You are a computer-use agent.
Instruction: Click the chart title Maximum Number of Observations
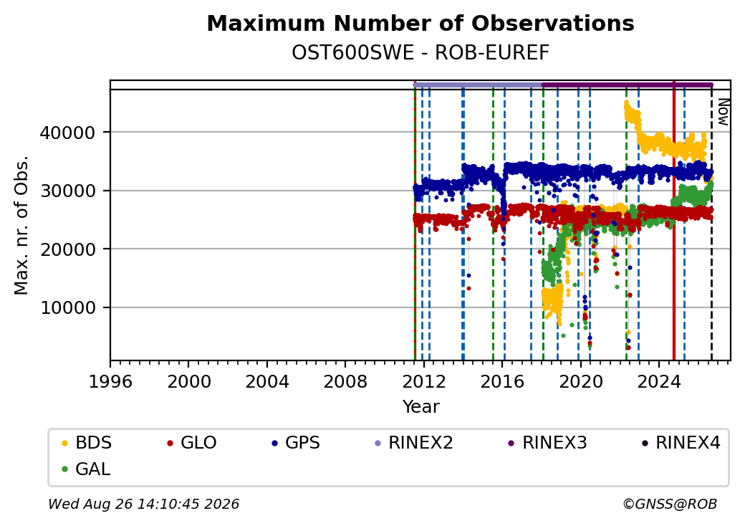(x=420, y=23)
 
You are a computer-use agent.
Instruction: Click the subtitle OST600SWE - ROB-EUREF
(x=420, y=53)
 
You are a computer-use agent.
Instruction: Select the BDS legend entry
(x=87, y=443)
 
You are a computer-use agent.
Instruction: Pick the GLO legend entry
(x=191, y=443)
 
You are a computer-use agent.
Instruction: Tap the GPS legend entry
(x=296, y=443)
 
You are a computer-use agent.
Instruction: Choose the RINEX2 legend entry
(x=414, y=443)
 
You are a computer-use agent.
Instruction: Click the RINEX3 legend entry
(x=547, y=443)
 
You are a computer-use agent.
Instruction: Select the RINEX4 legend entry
(x=681, y=443)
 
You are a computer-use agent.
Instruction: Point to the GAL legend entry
(x=86, y=469)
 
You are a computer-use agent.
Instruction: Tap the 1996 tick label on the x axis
(x=110, y=381)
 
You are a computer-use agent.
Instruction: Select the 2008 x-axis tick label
(x=345, y=381)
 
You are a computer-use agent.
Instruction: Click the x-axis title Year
(x=420, y=407)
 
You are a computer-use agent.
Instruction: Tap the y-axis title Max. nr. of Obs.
(x=21, y=225)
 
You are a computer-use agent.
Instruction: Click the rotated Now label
(x=723, y=112)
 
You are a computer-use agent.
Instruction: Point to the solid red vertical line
(x=674, y=221)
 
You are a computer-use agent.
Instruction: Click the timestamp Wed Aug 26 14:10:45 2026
(x=143, y=504)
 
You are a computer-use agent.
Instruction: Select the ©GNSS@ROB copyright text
(x=670, y=504)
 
